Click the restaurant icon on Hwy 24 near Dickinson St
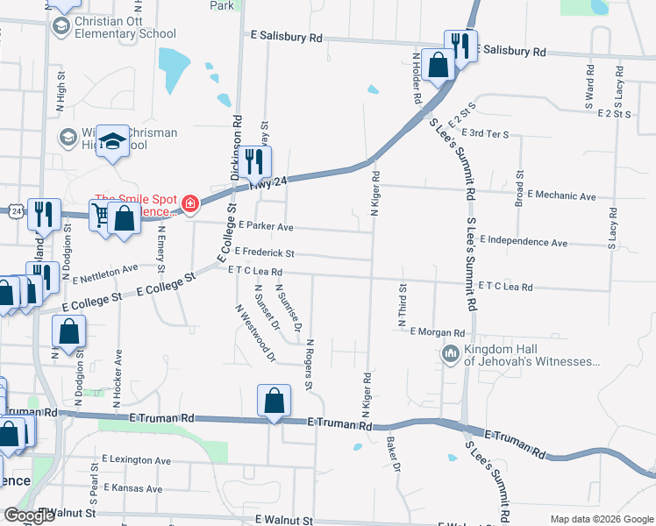(255, 161)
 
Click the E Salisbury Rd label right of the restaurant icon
(512, 52)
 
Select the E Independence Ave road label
(525, 241)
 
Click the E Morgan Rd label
(437, 333)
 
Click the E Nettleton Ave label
(105, 274)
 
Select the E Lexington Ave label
(136, 458)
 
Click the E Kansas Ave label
(133, 488)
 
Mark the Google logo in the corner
(29, 515)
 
